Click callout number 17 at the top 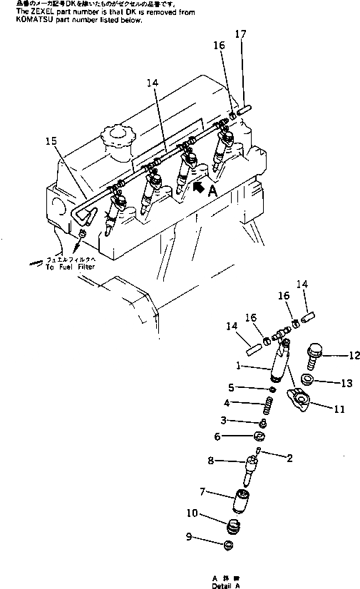241,34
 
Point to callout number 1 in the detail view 239,367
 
